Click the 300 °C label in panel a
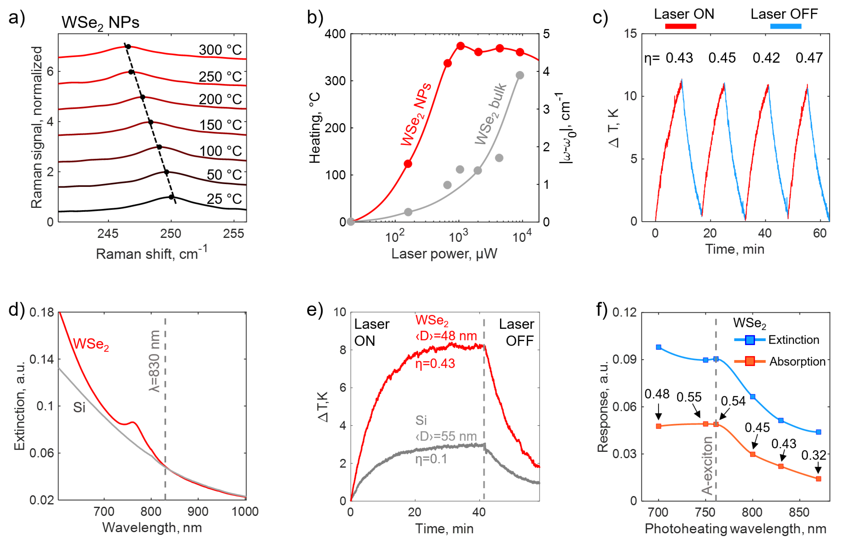[x=220, y=50]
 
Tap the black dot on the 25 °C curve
[x=171, y=197]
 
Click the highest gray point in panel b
[x=520, y=75]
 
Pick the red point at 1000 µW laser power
[x=460, y=46]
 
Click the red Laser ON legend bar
[x=680, y=26]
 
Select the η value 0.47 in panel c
[x=809, y=58]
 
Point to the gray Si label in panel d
[x=79, y=408]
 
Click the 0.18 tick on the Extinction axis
[x=42, y=313]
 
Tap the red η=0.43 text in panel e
[x=435, y=364]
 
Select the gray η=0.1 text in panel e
[x=431, y=459]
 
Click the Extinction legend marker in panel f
[x=750, y=340]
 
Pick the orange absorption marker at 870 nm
[x=818, y=479]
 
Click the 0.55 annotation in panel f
[x=689, y=397]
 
